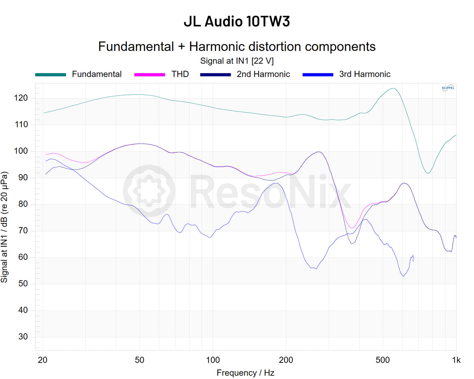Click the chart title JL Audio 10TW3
point(237,22)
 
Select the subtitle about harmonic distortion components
point(237,47)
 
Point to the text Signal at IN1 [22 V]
point(237,61)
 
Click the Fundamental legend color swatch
point(51,74)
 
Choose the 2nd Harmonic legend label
point(263,74)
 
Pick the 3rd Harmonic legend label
point(365,74)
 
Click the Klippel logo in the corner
point(448,88)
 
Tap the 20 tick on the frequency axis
point(43,360)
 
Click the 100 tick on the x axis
point(213,360)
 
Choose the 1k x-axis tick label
point(456,360)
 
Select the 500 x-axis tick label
point(382,360)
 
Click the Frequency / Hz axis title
point(245,373)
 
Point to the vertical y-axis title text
point(5,227)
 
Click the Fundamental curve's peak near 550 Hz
point(393,88)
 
